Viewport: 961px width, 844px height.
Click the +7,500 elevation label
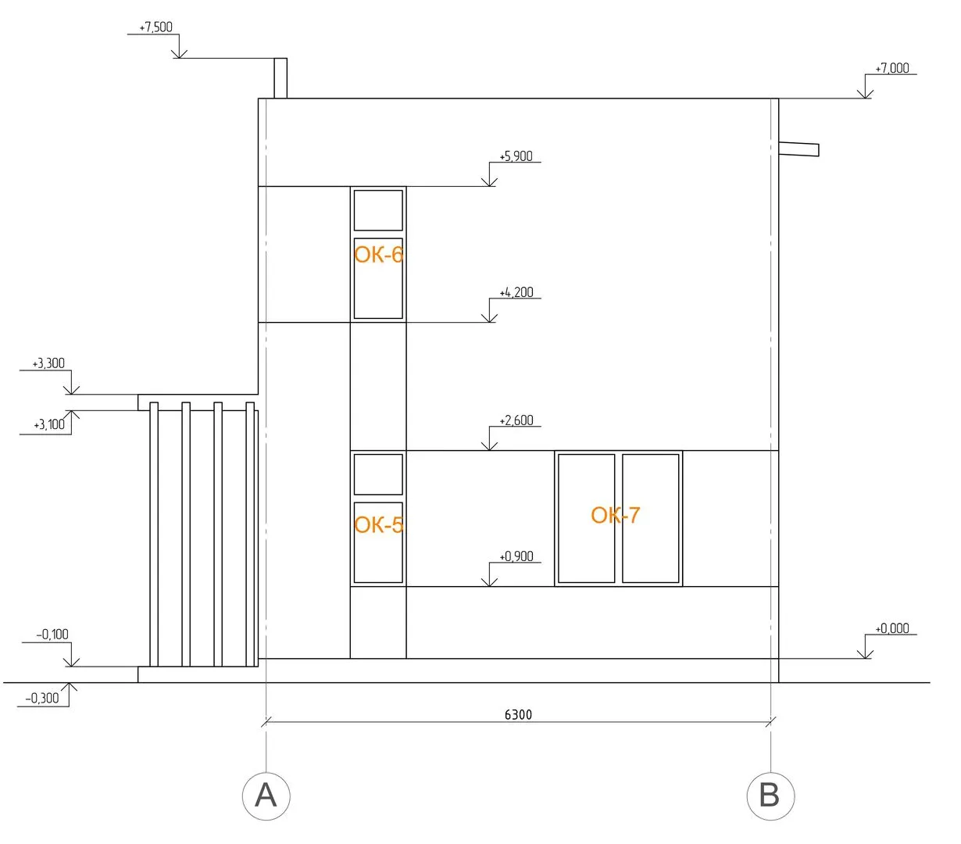(x=155, y=27)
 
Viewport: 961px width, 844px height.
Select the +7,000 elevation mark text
(x=891, y=69)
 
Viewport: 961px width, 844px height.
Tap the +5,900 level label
(x=516, y=156)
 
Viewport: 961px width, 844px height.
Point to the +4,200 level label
(x=516, y=293)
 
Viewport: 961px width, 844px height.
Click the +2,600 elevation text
(x=516, y=420)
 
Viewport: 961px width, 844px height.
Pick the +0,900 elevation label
(x=516, y=556)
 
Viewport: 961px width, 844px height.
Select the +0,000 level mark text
(x=891, y=628)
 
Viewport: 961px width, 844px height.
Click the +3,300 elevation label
(x=48, y=363)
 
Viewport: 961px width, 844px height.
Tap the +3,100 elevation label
(x=49, y=425)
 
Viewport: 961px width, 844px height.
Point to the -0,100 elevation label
(x=52, y=635)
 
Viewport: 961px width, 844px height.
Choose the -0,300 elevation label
(x=42, y=699)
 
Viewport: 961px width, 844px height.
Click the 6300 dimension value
(x=518, y=714)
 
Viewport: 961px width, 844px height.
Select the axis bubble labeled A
(x=266, y=796)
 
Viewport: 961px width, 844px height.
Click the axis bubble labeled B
(x=770, y=796)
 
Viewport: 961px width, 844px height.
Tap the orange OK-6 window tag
(x=378, y=255)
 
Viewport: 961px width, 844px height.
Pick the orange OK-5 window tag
(x=378, y=524)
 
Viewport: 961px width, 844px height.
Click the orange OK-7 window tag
(x=616, y=515)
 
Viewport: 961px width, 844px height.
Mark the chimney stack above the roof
(x=280, y=78)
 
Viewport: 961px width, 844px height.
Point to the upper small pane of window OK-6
(x=378, y=210)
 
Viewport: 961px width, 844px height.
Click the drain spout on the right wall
(x=798, y=148)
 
